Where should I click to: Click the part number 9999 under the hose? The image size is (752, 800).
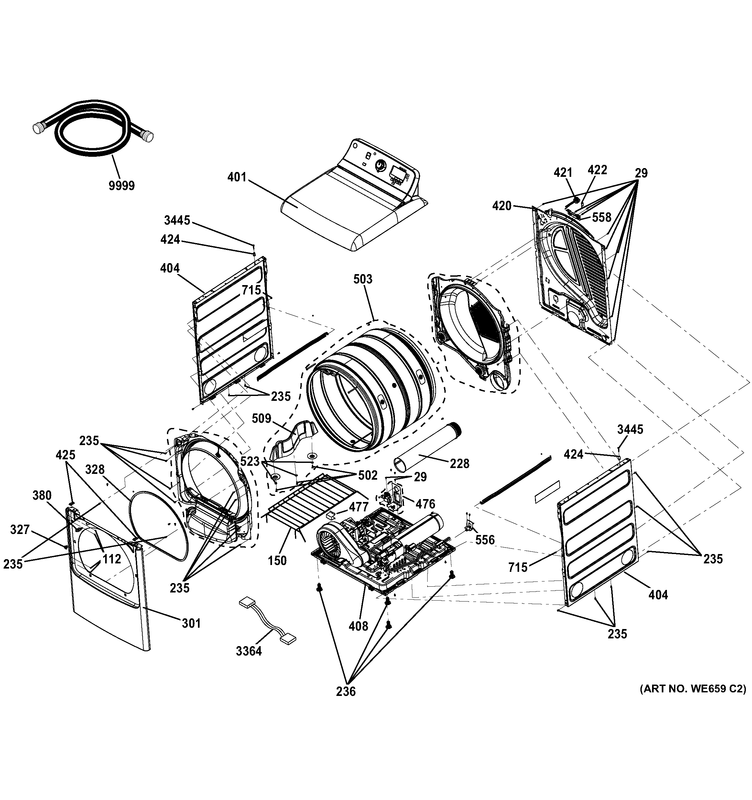coord(122,186)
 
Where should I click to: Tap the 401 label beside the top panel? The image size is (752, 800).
coord(237,177)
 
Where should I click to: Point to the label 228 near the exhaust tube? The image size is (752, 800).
coord(459,464)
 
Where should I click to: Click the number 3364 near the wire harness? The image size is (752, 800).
coord(249,651)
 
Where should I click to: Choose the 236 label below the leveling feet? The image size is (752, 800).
coord(346,691)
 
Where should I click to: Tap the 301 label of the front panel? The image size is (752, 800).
coord(191,623)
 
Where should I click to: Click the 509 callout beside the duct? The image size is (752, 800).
coord(262,419)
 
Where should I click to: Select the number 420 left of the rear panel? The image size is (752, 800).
coord(502,206)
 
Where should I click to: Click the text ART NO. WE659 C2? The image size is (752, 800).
coord(693,689)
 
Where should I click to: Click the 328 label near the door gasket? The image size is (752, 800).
coord(95,470)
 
